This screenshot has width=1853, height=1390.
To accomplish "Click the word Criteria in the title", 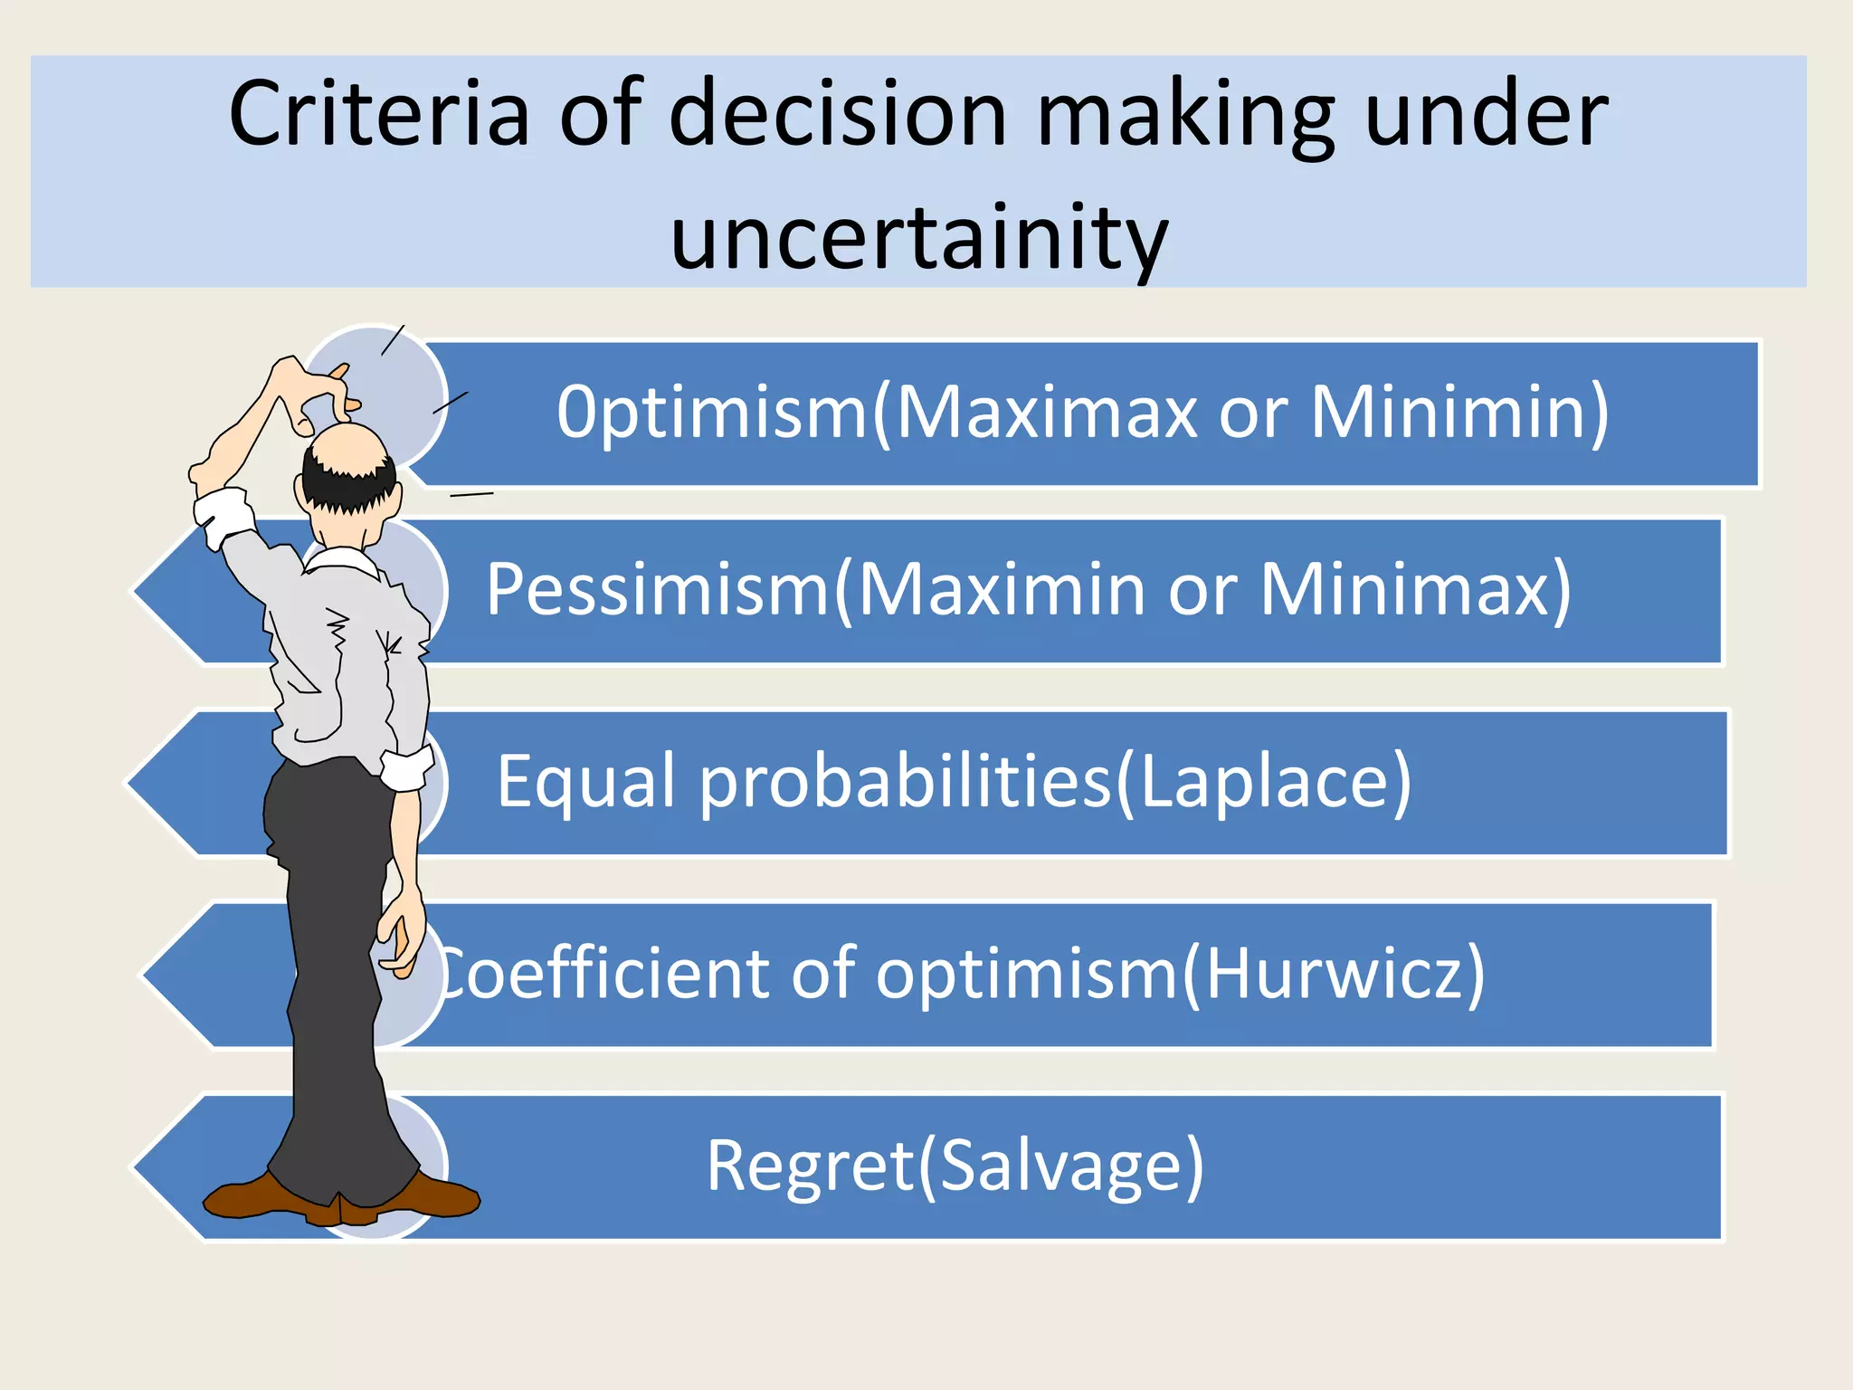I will tap(378, 115).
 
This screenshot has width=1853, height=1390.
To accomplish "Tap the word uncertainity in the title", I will tap(919, 238).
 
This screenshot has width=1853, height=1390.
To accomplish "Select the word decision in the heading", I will tap(837, 115).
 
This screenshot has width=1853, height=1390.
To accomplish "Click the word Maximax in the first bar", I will tap(1047, 413).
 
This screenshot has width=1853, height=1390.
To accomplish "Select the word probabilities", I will tap(905, 782).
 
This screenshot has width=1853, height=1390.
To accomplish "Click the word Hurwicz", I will tap(1335, 974).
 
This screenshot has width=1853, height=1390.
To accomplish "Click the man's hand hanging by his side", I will tap(401, 937).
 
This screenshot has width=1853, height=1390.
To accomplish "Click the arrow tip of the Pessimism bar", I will tap(145, 591).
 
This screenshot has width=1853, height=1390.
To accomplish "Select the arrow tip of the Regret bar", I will tap(145, 1167).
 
